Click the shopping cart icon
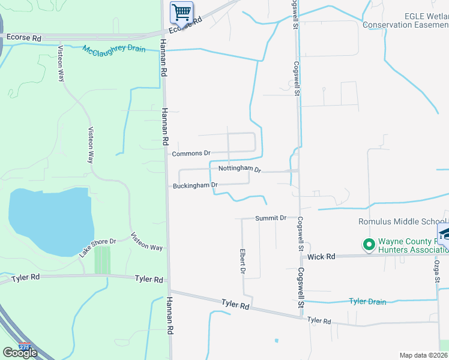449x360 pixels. (181, 11)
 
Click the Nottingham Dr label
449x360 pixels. (240, 169)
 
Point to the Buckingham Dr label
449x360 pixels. (194, 185)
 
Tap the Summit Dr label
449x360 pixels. (270, 218)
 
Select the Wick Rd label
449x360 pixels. (321, 257)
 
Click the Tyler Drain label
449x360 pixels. (367, 302)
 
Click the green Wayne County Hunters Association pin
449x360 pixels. (369, 245)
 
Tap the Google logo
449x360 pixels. (20, 353)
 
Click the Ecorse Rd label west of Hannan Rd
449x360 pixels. (23, 38)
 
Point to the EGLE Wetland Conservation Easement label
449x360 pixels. (406, 21)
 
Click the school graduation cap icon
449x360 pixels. (445, 233)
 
